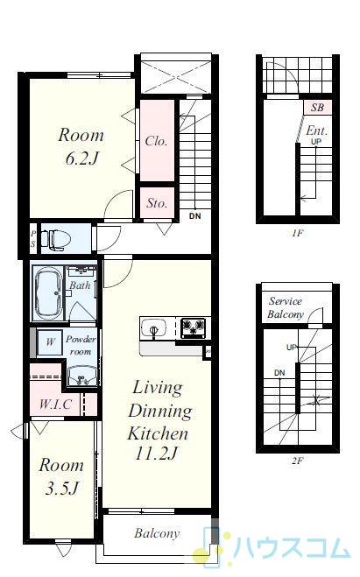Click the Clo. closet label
pyautogui.click(x=156, y=141)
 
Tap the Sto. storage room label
pyautogui.click(x=157, y=203)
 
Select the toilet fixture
pyautogui.click(x=55, y=239)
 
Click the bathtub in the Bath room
pyautogui.click(x=48, y=293)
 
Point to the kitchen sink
pyautogui.click(x=154, y=327)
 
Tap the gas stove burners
pyautogui.click(x=194, y=327)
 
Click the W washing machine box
pyautogui.click(x=49, y=342)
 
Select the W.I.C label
pyautogui.click(x=55, y=404)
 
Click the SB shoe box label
pyautogui.click(x=317, y=108)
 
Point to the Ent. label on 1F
pyautogui.click(x=316, y=130)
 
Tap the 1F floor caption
pyautogui.click(x=298, y=233)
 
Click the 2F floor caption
pyautogui.click(x=297, y=461)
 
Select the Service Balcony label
pyautogui.click(x=286, y=307)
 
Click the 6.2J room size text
pyautogui.click(x=82, y=158)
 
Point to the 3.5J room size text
pyautogui.click(x=62, y=489)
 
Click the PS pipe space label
pyautogui.click(x=33, y=238)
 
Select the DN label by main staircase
pyautogui.click(x=195, y=216)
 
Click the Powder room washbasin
pyautogui.click(x=82, y=376)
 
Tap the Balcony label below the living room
pyautogui.click(x=157, y=533)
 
